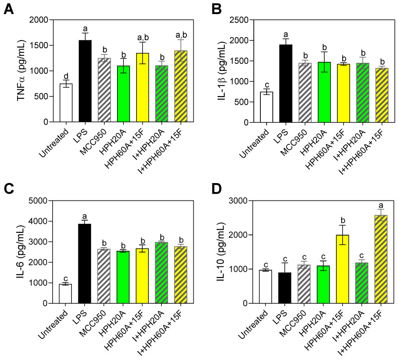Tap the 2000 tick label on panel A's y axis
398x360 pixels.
(44, 20)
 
